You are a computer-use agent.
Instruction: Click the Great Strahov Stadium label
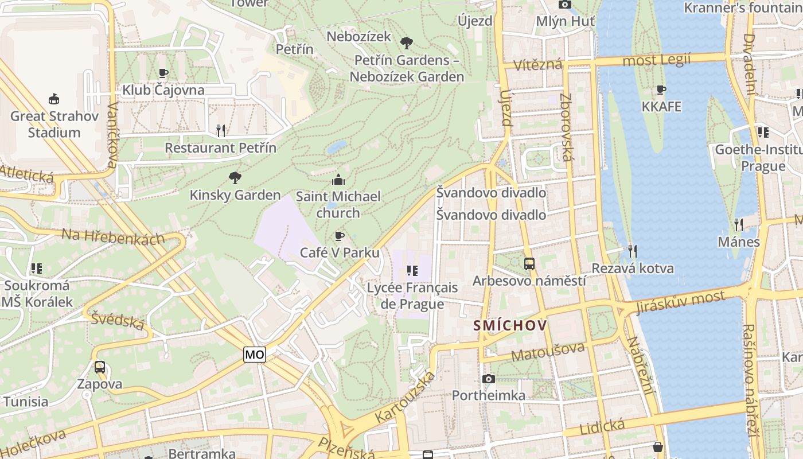pos(54,124)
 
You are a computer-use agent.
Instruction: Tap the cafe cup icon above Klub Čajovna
pos(163,73)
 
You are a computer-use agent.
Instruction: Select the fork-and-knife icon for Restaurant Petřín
pos(221,131)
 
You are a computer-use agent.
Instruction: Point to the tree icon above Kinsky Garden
pos(235,177)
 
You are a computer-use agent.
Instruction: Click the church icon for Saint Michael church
pos(338,179)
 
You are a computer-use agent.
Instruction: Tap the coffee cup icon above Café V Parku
pos(340,236)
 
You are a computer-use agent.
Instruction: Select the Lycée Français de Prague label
pos(412,295)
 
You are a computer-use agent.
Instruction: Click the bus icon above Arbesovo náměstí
pos(529,264)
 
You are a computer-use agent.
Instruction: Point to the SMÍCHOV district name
pos(510,326)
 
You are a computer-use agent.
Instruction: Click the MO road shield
pos(255,355)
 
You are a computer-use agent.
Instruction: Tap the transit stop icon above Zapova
pos(100,367)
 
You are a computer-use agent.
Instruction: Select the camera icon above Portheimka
pos(489,379)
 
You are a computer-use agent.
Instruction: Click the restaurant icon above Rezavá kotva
pos(632,251)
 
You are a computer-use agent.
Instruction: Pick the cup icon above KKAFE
pos(661,90)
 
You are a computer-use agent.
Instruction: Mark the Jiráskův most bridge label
pos(680,304)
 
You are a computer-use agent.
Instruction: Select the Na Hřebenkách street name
pos(112,236)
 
